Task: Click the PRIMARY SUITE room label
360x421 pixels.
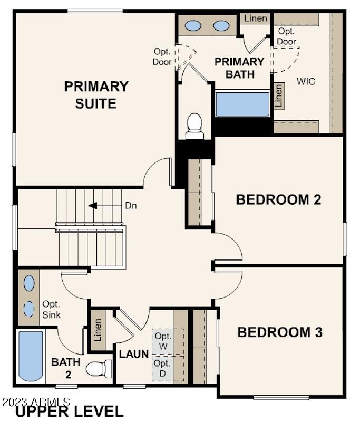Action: pos(96,94)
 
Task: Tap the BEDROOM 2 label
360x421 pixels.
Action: pos(279,199)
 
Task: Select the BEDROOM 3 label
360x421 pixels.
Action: pos(280,332)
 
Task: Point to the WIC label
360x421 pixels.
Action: pos(306,82)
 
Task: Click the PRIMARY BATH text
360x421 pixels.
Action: pos(239,68)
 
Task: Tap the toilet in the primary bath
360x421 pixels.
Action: pos(195,125)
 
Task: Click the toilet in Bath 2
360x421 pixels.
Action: pos(98,368)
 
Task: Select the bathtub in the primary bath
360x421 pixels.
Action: pos(242,103)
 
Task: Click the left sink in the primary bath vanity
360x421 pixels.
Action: pos(194,25)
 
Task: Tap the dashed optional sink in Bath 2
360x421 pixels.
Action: pos(29,309)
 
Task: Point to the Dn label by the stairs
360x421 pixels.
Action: pos(130,206)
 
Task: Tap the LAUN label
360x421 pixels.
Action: pos(133,353)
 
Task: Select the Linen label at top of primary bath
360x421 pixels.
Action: pos(256,18)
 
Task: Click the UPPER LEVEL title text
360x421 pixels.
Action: pos(69,412)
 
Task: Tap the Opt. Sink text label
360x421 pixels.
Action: pos(52,310)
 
